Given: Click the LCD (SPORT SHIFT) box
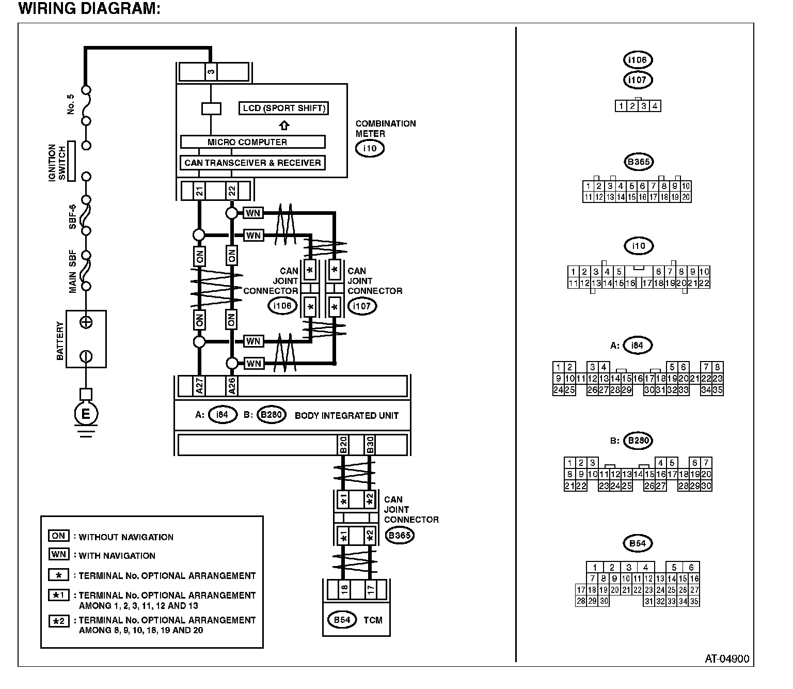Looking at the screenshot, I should [x=284, y=108].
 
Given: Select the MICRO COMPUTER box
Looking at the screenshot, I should [x=252, y=142].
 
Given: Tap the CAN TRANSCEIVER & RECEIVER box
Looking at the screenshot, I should [x=252, y=163].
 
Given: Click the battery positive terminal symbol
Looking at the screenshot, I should [x=86, y=322].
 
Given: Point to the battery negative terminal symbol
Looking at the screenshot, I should [x=86, y=356].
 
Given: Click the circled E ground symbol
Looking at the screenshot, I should [x=86, y=414].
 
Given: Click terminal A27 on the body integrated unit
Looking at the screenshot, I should [x=199, y=386].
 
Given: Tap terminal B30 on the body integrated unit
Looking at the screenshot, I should [x=370, y=445].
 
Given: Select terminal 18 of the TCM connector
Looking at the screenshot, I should [x=344, y=589].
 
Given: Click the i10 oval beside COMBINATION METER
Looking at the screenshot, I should [x=370, y=149].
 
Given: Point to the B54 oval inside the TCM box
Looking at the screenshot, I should [x=342, y=620].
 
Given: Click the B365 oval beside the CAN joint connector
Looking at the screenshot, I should [x=400, y=535].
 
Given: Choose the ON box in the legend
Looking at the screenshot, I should [x=58, y=536].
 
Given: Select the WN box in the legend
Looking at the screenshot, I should [x=58, y=554].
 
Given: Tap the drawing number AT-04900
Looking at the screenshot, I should [x=727, y=659].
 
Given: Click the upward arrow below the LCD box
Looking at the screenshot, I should [x=284, y=126].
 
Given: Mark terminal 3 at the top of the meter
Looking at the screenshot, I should [x=211, y=72].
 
